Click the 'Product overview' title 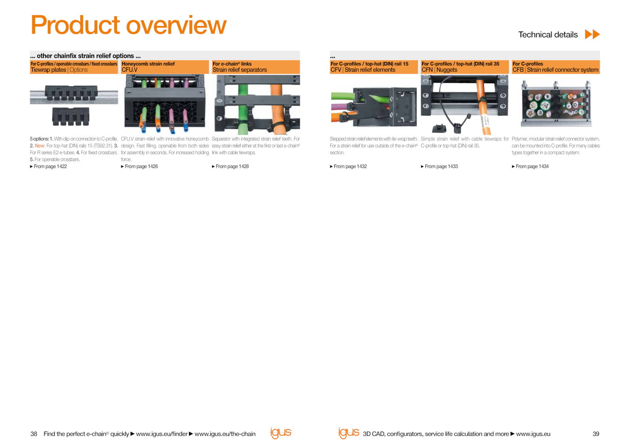(128, 25)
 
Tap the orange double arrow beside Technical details (592, 34)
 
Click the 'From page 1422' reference (48, 166)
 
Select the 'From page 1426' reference (139, 166)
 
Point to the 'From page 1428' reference (230, 166)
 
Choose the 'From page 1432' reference (348, 166)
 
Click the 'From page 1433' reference (439, 166)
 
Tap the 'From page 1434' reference (530, 166)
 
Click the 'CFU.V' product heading (130, 70)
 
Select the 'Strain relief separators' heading (240, 70)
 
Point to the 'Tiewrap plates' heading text (48, 70)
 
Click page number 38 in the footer (34, 434)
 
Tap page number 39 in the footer (596, 434)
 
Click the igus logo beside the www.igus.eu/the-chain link (281, 433)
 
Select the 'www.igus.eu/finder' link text (162, 434)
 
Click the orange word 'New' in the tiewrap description (40, 146)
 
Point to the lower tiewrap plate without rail (70, 116)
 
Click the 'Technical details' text (548, 35)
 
